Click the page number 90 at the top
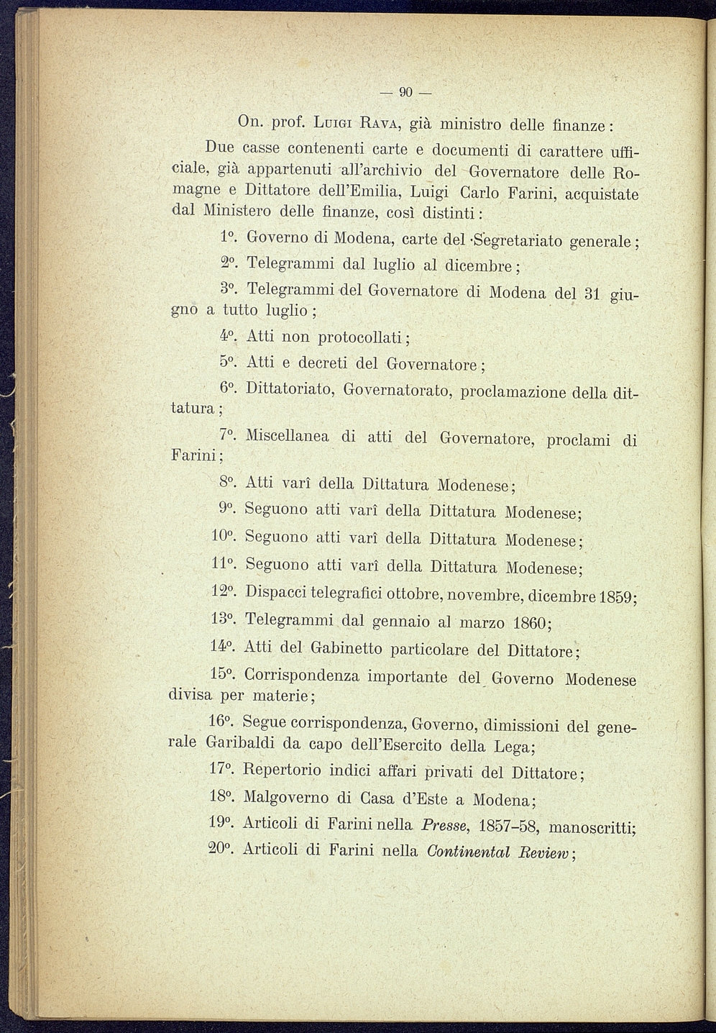tap(405, 92)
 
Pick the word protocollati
tap(364, 337)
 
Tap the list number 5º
tap(228, 363)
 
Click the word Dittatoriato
tap(288, 390)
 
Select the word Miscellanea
tap(288, 436)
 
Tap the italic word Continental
tap(468, 852)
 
